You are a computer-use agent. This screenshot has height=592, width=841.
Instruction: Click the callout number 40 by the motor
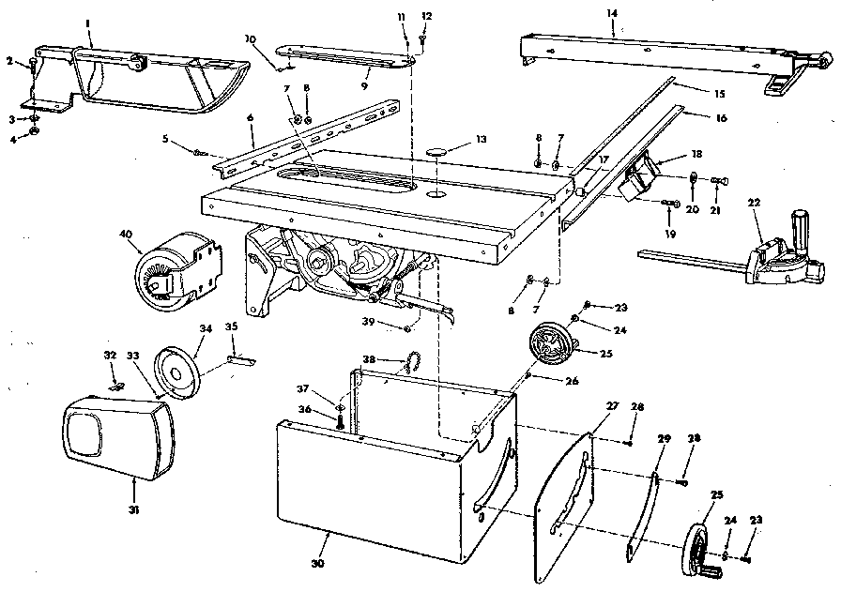[x=127, y=235]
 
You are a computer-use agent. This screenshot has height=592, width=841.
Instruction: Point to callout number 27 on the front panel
[x=612, y=406]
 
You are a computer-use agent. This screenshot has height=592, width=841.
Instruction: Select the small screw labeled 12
[x=424, y=38]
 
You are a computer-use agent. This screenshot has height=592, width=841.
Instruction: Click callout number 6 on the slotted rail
[x=251, y=117]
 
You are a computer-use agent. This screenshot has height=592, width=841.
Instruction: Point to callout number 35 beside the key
[x=231, y=327]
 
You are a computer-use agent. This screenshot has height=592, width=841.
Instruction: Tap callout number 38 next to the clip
[x=370, y=359]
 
